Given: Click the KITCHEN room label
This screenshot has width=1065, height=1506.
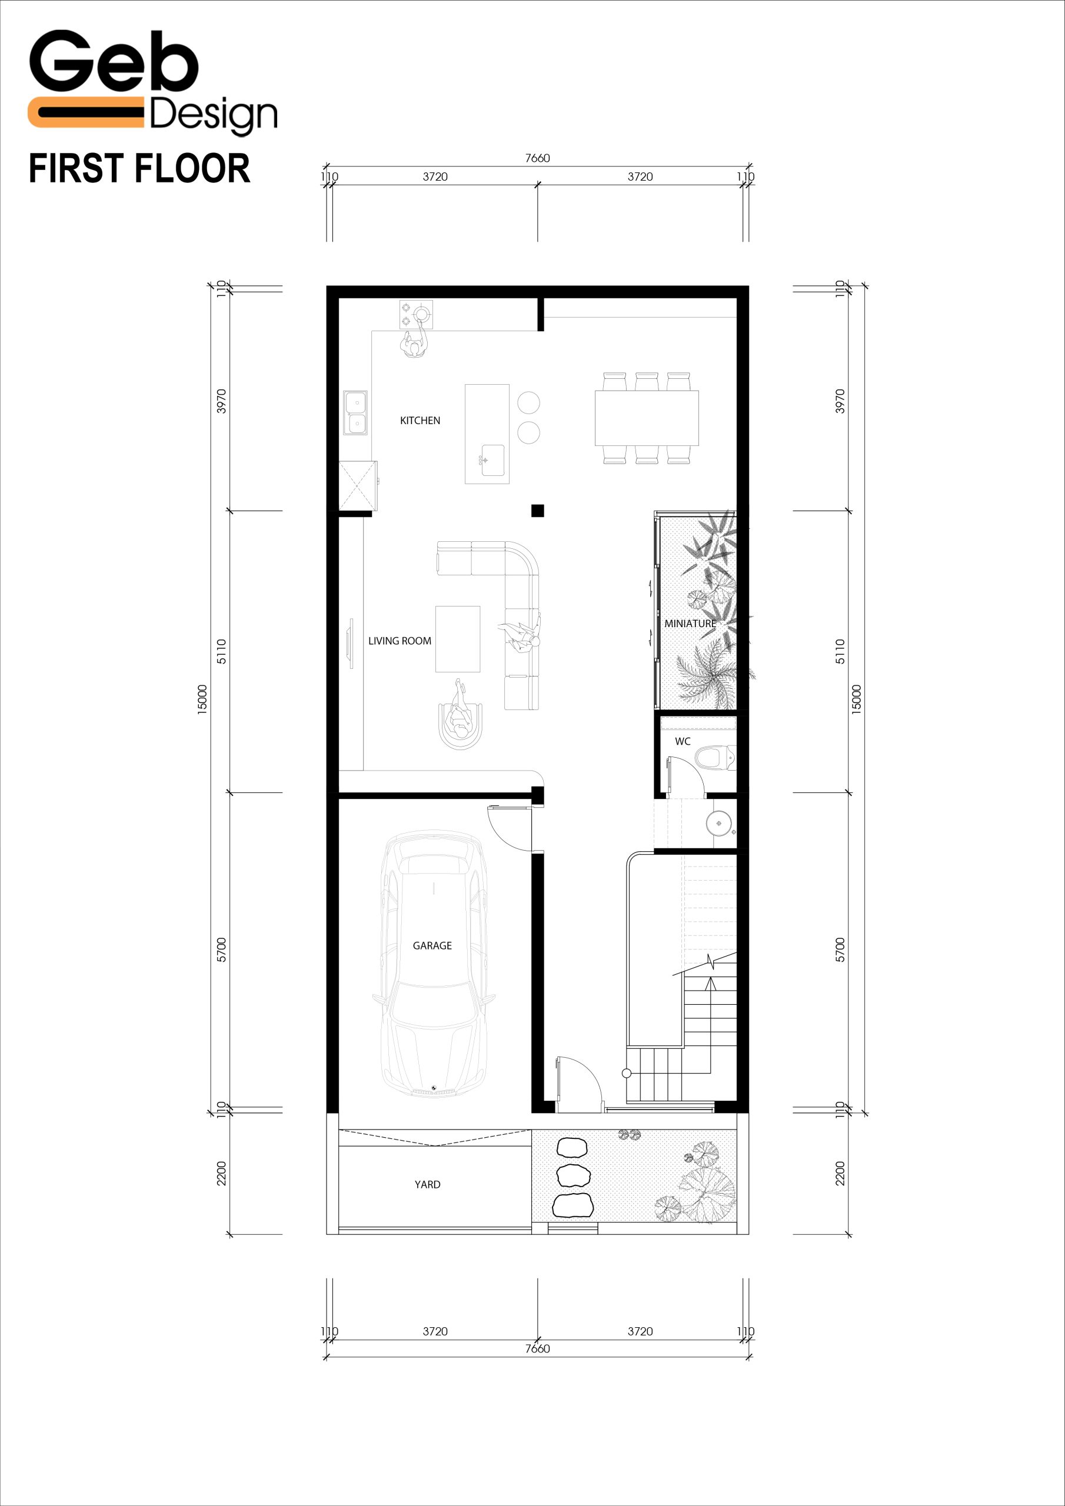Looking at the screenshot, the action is tap(420, 421).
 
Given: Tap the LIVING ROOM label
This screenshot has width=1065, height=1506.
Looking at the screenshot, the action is tap(400, 641).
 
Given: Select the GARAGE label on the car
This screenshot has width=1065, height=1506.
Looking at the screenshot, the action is tap(432, 945).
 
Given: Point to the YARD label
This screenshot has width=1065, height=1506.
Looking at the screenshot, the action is tap(427, 1184).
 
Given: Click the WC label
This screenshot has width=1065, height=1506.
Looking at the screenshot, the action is tap(683, 741).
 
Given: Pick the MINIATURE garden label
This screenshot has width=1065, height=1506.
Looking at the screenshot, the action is tap(690, 623).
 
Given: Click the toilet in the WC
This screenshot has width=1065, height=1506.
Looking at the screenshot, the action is tap(716, 758).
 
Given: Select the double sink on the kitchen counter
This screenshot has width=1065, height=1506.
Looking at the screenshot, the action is tap(355, 412).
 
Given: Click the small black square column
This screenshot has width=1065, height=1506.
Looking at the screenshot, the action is tap(537, 509).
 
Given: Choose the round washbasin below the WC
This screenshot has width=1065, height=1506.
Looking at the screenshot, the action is tap(718, 822).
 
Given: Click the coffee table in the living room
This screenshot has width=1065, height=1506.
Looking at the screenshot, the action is tap(457, 639).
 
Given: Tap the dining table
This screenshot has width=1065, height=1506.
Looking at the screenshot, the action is tap(646, 418).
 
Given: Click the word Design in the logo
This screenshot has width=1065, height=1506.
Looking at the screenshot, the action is tap(213, 116).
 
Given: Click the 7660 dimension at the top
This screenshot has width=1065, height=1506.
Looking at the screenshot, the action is tap(537, 158).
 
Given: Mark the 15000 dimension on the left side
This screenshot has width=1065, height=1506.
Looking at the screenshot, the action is tap(202, 699).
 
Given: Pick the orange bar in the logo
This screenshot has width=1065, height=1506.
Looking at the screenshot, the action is tap(85, 112).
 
